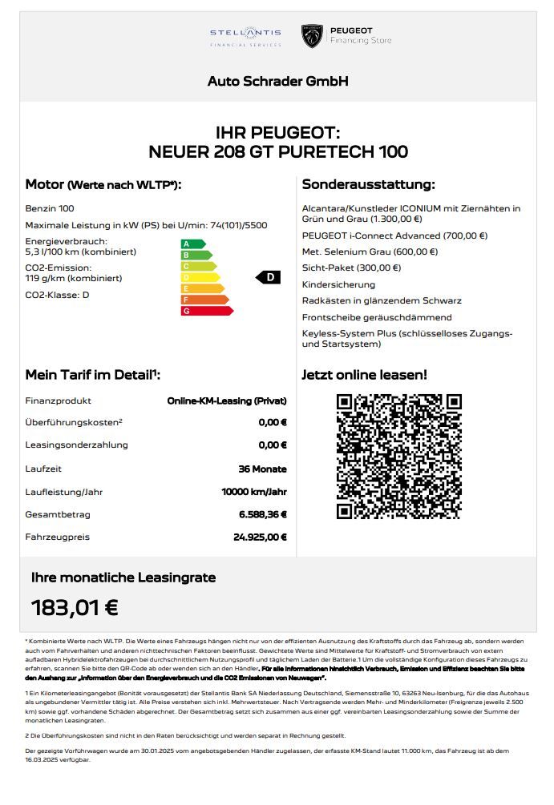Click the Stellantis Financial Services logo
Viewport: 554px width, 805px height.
click(245, 36)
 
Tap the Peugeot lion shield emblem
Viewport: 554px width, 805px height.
click(312, 36)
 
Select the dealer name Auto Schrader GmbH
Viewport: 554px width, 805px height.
click(277, 82)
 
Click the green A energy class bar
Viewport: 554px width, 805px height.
click(193, 244)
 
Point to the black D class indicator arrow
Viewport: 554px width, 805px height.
click(269, 277)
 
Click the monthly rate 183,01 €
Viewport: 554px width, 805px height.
click(75, 608)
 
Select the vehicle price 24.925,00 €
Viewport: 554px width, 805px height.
click(260, 537)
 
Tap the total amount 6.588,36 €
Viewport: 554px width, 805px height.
click(262, 514)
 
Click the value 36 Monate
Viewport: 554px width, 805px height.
click(264, 469)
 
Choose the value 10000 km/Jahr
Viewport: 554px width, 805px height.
click(254, 492)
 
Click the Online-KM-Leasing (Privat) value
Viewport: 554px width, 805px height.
click(227, 400)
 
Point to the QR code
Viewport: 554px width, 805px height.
click(398, 457)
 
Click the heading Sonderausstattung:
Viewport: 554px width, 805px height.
click(368, 185)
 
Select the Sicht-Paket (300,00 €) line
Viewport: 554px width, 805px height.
click(351, 268)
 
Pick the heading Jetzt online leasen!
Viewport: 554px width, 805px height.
click(364, 374)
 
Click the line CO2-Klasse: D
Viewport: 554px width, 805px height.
click(58, 295)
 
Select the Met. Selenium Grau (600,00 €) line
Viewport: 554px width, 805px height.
click(370, 252)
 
